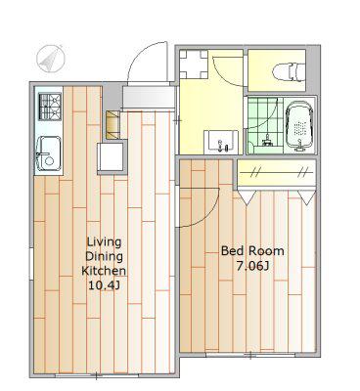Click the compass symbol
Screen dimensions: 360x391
click(x=51, y=59)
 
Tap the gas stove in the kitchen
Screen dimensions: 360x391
click(x=50, y=107)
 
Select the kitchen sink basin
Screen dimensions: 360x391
click(x=49, y=153)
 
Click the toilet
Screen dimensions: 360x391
click(x=289, y=71)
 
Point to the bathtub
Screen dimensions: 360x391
click(x=299, y=126)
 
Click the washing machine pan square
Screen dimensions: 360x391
click(x=194, y=65)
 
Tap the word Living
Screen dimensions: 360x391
click(x=104, y=242)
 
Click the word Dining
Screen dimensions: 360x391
click(x=104, y=256)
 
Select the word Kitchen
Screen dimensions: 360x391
click(x=104, y=271)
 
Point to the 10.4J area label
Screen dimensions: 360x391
click(x=104, y=285)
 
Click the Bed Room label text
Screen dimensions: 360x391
click(x=252, y=251)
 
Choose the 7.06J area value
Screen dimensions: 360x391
click(x=252, y=266)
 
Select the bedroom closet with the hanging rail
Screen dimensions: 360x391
click(x=276, y=173)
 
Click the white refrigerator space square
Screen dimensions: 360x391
click(x=112, y=156)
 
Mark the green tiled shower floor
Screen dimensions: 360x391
click(x=264, y=125)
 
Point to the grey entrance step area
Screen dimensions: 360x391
click(x=149, y=97)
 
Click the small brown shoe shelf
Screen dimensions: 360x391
click(x=112, y=125)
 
